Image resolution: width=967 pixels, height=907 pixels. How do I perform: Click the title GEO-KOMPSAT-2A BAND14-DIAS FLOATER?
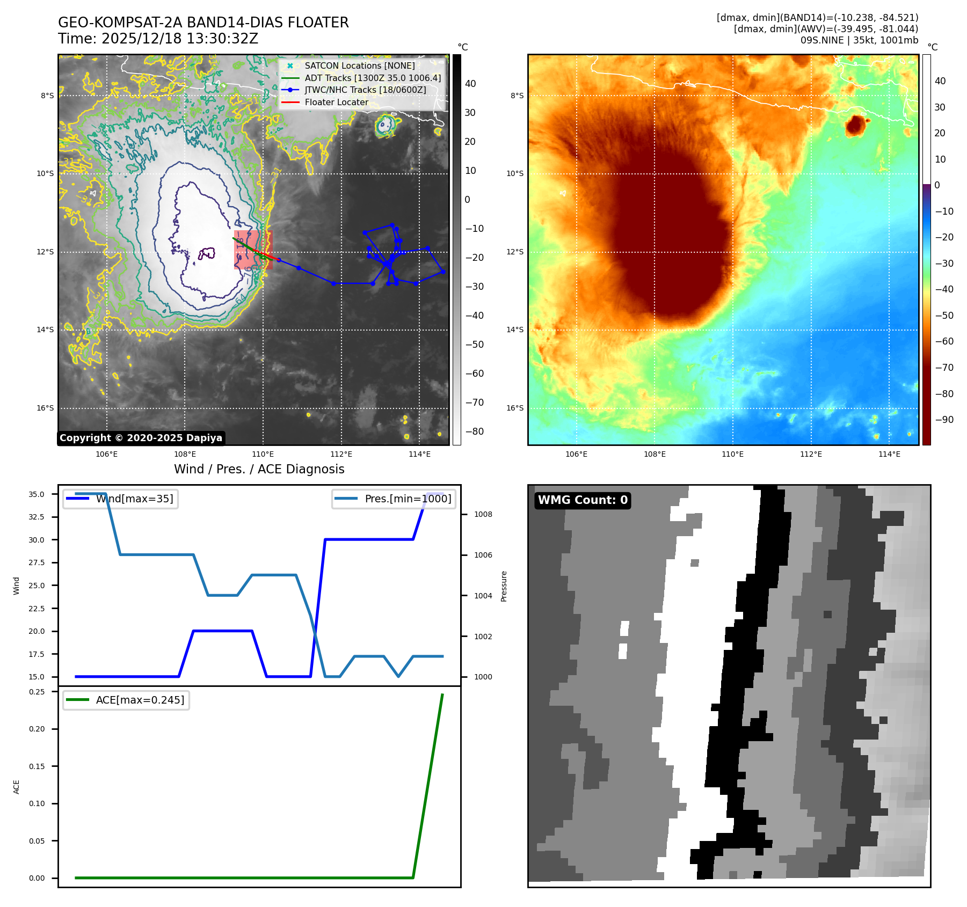pyautogui.click(x=203, y=23)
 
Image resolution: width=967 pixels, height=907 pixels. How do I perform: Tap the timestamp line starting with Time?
pyautogui.click(x=158, y=39)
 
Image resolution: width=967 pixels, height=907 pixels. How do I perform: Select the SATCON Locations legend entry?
pyautogui.click(x=359, y=65)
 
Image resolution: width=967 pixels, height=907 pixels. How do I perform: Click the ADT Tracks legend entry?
pyautogui.click(x=372, y=78)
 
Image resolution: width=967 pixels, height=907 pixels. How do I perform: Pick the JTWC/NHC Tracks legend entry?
pyautogui.click(x=365, y=90)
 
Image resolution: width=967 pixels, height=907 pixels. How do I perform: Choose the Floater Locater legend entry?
pyautogui.click(x=336, y=102)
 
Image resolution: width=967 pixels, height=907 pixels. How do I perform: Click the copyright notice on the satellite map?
pyautogui.click(x=141, y=438)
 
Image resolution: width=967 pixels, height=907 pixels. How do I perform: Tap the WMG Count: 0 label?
pyautogui.click(x=583, y=500)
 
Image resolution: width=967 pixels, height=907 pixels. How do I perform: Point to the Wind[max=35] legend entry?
pyautogui.click(x=134, y=499)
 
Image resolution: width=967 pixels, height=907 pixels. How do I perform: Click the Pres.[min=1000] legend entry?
pyautogui.click(x=408, y=499)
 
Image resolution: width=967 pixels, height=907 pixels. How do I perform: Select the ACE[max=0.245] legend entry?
pyautogui.click(x=140, y=700)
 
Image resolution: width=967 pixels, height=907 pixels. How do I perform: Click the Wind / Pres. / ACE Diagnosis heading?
pyautogui.click(x=259, y=470)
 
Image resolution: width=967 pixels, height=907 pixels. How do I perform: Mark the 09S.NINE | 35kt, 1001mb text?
pyautogui.click(x=859, y=40)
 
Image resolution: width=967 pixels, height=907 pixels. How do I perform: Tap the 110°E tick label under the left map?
pyautogui.click(x=263, y=455)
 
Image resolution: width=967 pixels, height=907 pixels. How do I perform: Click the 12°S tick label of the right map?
pyautogui.click(x=515, y=252)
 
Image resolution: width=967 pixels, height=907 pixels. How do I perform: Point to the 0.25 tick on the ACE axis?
pyautogui.click(x=37, y=692)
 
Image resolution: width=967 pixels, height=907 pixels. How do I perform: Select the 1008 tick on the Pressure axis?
pyautogui.click(x=483, y=514)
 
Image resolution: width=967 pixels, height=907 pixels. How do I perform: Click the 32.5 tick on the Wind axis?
pyautogui.click(x=37, y=517)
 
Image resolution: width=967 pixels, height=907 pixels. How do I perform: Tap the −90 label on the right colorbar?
pyautogui.click(x=944, y=420)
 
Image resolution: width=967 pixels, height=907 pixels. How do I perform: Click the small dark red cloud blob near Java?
pyautogui.click(x=855, y=126)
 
